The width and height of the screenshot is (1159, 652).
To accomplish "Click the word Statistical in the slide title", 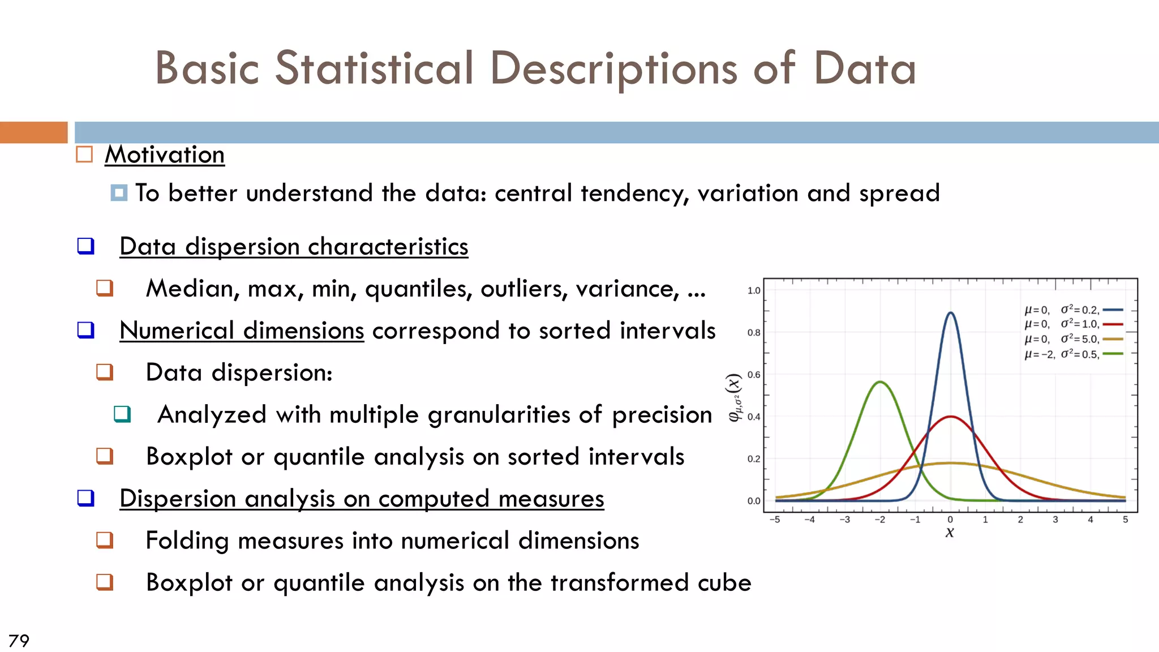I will click(x=374, y=68).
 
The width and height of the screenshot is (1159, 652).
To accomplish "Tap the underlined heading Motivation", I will click(x=165, y=155).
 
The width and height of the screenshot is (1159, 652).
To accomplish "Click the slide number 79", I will click(x=19, y=641).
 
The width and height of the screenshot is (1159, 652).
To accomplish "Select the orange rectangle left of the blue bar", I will click(x=33, y=132).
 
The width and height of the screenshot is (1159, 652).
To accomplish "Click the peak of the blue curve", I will click(x=950, y=313).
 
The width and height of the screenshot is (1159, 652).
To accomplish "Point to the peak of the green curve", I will click(x=881, y=383).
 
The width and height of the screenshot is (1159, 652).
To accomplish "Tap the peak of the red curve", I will click(x=951, y=417).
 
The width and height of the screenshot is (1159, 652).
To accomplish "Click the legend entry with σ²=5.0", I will click(x=1072, y=339).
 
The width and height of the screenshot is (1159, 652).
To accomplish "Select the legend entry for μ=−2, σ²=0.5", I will click(x=1072, y=354).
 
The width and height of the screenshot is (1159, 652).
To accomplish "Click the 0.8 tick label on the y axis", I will click(x=754, y=333).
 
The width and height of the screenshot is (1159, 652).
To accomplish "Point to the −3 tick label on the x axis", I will click(x=844, y=520).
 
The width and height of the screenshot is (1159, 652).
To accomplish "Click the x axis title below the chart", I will click(x=950, y=533).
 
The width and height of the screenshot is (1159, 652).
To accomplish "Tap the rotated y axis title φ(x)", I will click(x=734, y=397).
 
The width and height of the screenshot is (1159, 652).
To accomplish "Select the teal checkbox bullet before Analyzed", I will click(x=122, y=414).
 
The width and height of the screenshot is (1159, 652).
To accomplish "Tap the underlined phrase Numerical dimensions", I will click(x=242, y=331).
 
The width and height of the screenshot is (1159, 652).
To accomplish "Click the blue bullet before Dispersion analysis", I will click(x=85, y=498).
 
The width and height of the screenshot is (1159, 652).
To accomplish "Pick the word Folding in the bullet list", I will click(x=187, y=541).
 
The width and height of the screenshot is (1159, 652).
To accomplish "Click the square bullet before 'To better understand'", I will click(x=119, y=193).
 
